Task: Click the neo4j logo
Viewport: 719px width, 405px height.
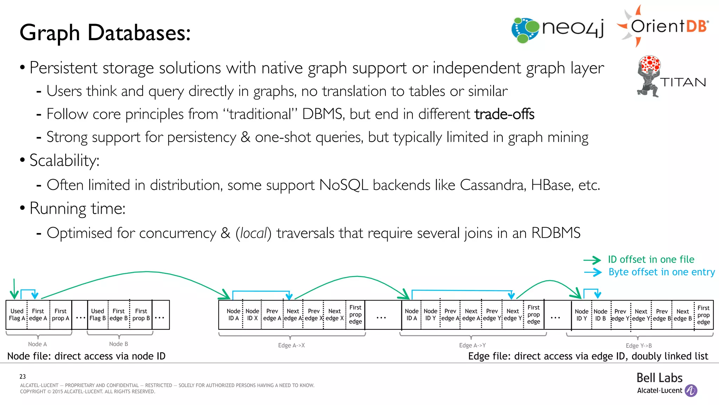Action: (x=558, y=29)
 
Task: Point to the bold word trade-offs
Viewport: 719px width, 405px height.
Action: (x=504, y=114)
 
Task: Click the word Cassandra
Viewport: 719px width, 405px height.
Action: (x=493, y=185)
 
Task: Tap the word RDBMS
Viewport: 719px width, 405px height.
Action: (x=556, y=233)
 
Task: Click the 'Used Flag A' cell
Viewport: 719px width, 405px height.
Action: (x=17, y=315)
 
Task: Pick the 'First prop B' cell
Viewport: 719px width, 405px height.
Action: (x=141, y=315)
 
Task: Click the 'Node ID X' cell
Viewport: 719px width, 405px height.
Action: (x=252, y=315)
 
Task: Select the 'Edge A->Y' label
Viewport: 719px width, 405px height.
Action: (x=472, y=345)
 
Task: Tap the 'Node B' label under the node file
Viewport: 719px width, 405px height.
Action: (x=118, y=344)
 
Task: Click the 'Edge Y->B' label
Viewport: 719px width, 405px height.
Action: (x=639, y=346)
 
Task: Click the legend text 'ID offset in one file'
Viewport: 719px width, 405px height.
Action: (x=651, y=259)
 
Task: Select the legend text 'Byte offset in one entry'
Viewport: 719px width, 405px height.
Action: (x=661, y=272)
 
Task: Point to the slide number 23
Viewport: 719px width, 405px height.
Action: (x=22, y=377)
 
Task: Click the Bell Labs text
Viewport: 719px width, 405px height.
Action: (x=659, y=378)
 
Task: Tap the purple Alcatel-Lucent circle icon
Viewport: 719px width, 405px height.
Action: (x=691, y=391)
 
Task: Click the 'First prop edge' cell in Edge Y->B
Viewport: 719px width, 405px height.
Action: (x=703, y=315)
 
